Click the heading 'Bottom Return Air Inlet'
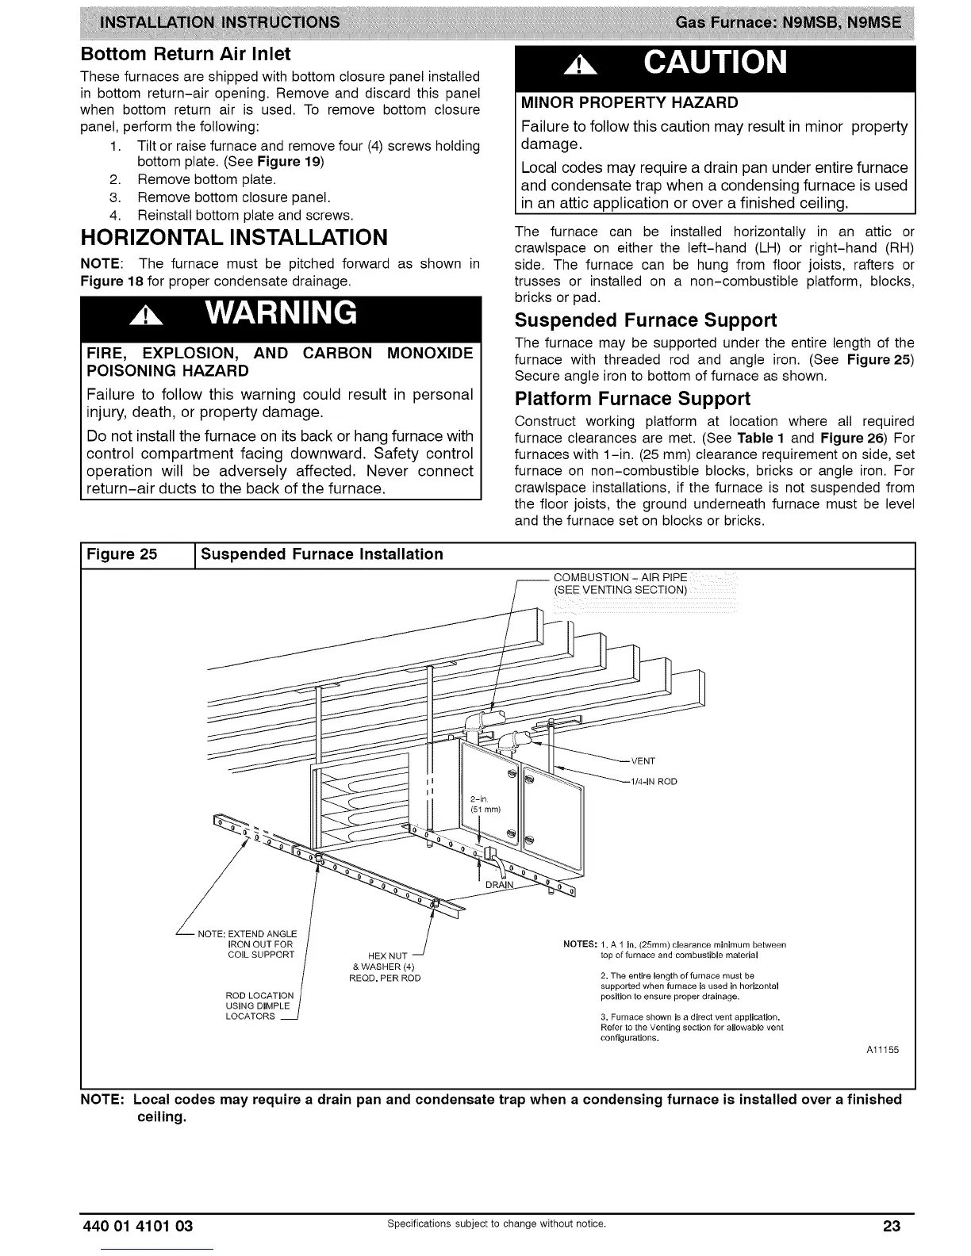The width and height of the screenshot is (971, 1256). click(186, 54)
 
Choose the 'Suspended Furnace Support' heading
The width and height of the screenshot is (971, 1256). click(646, 320)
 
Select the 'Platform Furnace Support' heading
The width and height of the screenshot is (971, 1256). click(632, 398)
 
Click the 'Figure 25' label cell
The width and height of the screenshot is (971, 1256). click(121, 554)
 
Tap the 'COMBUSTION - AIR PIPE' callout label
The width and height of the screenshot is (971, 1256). click(620, 584)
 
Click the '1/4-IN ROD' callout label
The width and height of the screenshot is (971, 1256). click(653, 781)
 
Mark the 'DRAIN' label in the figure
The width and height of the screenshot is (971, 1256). click(500, 885)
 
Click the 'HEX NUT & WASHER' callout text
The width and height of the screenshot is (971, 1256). click(385, 967)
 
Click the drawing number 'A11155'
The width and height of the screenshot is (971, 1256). click(881, 1050)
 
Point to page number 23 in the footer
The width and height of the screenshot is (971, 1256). click(892, 1227)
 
